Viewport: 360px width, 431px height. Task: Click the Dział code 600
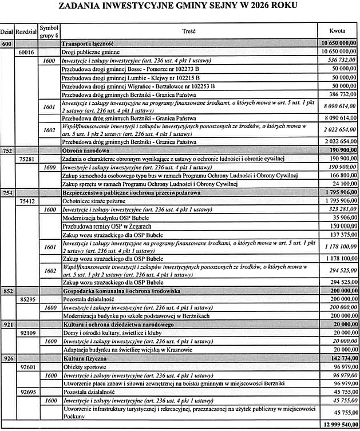(x=7, y=44)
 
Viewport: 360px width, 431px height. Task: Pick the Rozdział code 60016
(x=27, y=52)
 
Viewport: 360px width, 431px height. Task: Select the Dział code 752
(x=7, y=150)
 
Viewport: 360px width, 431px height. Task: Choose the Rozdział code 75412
(x=27, y=201)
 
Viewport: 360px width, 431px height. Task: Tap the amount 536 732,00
(x=339, y=60)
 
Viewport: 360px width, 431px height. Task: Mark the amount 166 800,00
(x=339, y=175)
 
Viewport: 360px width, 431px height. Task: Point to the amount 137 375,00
(x=339, y=235)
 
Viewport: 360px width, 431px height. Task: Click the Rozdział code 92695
(x=27, y=392)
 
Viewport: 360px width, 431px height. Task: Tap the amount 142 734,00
(x=339, y=358)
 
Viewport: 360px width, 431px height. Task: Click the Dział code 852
(x=7, y=291)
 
